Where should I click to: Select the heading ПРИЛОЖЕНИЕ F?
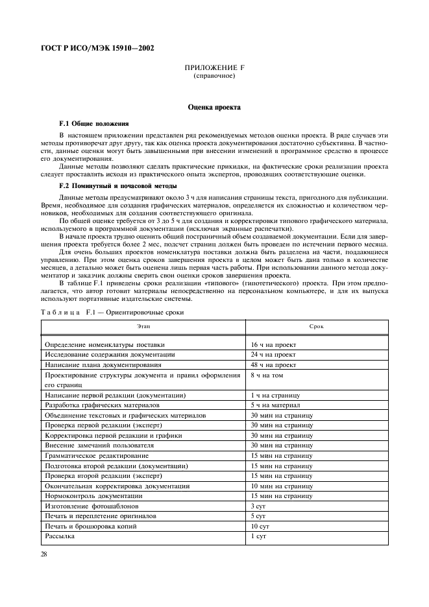pos(214,68)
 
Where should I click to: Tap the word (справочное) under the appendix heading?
pos(214,76)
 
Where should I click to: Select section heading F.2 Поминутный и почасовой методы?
pos(114,186)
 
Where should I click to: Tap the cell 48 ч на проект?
pos(273,365)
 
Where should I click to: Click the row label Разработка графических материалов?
pos(102,405)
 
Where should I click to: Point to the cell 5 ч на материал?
pos(275,405)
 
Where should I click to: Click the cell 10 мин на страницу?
pos(282,485)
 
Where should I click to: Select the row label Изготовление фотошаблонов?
pos(90,505)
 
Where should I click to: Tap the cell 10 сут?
pos(260,526)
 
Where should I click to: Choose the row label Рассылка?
pos(59,536)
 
